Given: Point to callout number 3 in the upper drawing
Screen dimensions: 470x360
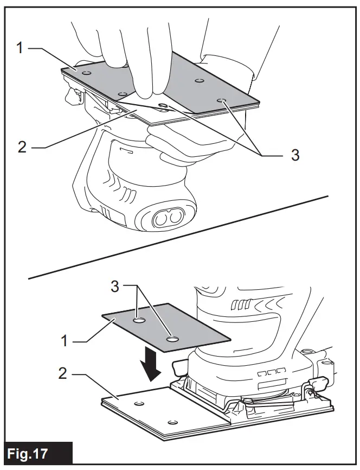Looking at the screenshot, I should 295,155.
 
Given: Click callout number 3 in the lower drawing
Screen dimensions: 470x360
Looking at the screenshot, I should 115,287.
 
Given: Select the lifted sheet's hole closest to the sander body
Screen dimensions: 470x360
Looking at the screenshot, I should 173,339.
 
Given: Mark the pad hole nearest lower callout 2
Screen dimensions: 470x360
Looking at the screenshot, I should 139,404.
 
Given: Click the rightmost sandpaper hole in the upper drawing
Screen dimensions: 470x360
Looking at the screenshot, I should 222,100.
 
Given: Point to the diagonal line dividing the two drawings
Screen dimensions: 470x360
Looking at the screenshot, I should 179,236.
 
